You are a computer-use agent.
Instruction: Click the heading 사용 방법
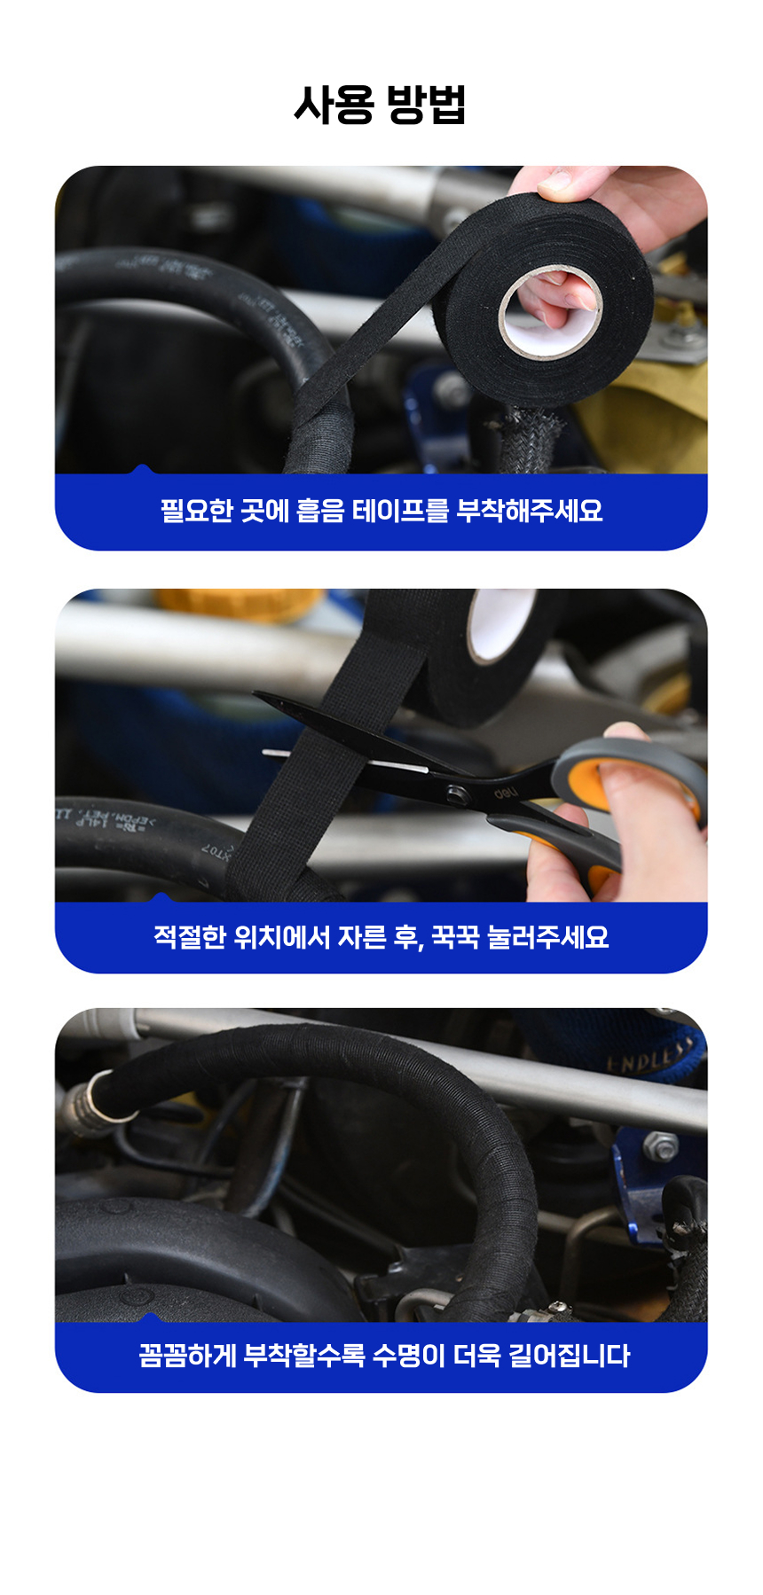coord(380,105)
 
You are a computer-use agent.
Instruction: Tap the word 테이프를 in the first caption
coord(401,511)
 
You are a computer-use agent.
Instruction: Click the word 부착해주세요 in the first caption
coord(530,511)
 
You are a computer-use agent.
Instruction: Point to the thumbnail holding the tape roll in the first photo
coord(555,184)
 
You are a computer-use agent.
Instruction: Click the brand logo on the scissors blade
coord(507,792)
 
